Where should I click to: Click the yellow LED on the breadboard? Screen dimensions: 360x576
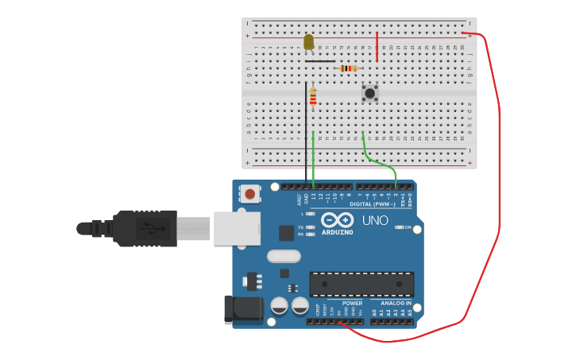(x=309, y=41)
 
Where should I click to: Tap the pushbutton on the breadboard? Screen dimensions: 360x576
(x=370, y=93)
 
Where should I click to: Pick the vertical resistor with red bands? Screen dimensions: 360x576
(x=313, y=97)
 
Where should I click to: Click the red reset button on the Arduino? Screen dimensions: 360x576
(x=250, y=193)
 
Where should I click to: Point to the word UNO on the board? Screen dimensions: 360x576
(x=375, y=220)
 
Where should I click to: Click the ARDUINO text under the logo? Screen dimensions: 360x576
(x=338, y=232)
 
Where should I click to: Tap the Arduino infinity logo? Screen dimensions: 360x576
(x=338, y=220)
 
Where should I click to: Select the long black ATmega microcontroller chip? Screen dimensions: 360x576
(x=361, y=284)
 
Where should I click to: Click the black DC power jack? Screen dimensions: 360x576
(x=242, y=310)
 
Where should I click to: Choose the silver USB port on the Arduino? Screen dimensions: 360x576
(x=237, y=228)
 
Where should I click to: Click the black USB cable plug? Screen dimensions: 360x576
(x=143, y=229)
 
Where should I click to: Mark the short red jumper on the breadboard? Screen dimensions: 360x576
(x=377, y=46)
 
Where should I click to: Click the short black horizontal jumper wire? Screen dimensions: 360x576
(x=320, y=61)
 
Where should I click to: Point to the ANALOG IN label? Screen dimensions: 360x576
(x=396, y=303)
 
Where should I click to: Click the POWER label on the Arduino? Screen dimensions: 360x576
(x=352, y=303)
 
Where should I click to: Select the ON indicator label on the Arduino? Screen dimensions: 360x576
(x=407, y=227)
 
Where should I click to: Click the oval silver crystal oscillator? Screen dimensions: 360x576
(x=284, y=256)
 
